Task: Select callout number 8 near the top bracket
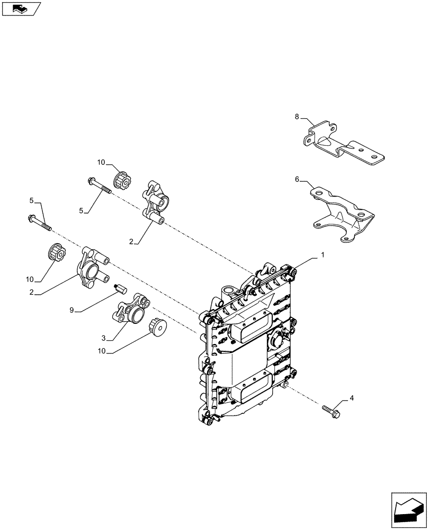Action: (x=297, y=116)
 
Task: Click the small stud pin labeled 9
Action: (x=120, y=291)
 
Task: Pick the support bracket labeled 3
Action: (x=131, y=309)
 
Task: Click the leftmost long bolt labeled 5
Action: (x=39, y=222)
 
